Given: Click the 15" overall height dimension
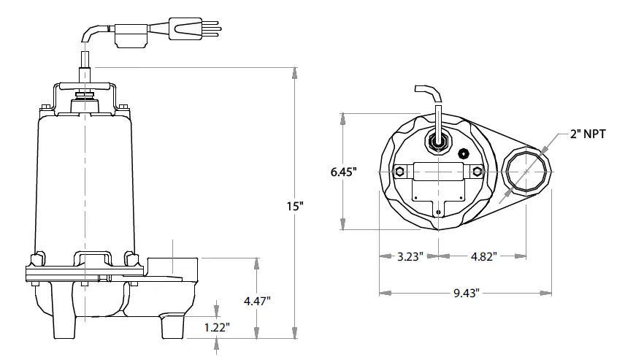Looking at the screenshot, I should [294, 207].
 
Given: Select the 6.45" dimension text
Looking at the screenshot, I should [343, 172].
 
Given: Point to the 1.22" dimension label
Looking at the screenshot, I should [217, 327].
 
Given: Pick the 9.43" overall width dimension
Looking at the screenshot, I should [464, 294].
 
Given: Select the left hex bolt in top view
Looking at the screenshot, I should [399, 172].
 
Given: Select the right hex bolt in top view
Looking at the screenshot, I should [477, 172].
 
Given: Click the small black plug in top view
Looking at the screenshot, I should [462, 153].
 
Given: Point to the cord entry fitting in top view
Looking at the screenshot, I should [439, 142].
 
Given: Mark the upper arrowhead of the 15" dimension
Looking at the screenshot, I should [294, 72].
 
